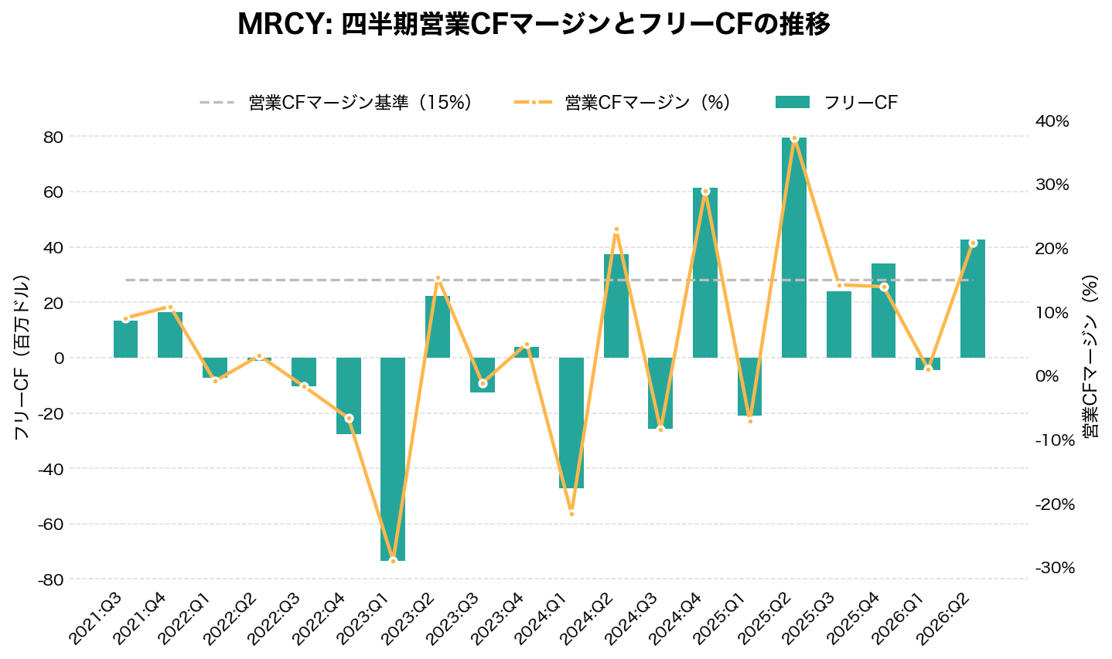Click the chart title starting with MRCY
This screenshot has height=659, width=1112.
pyautogui.click(x=534, y=25)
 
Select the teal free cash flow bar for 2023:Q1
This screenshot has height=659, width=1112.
pyautogui.click(x=393, y=459)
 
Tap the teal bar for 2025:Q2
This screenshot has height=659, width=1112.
pyautogui.click(x=794, y=247)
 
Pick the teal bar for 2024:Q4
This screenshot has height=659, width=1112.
pyautogui.click(x=705, y=272)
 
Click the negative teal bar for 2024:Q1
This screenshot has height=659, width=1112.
pyautogui.click(x=571, y=423)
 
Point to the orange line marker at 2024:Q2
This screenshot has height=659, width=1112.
pyautogui.click(x=616, y=229)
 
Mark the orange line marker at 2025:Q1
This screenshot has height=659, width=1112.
pyautogui.click(x=750, y=420)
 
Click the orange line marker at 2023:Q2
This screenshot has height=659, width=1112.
pyautogui.click(x=438, y=278)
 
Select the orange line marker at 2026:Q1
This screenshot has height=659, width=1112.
pyautogui.click(x=928, y=369)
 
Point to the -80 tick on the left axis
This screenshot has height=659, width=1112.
pyautogui.click(x=50, y=579)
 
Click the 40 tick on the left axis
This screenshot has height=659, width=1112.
pyautogui.click(x=53, y=247)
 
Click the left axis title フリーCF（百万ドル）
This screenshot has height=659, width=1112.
pyautogui.click(x=22, y=357)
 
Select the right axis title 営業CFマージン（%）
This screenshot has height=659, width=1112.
pyautogui.click(x=1090, y=357)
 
